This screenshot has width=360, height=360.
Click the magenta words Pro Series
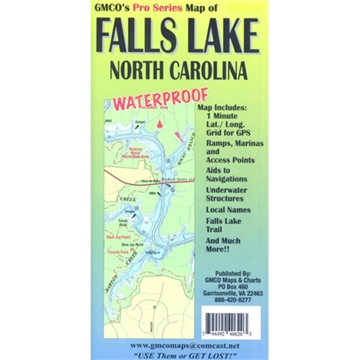tap(156, 8)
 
